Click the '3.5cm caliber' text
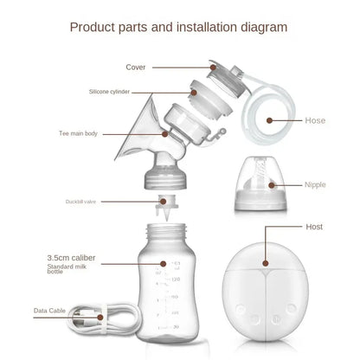[73, 257]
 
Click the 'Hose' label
[316, 121]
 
